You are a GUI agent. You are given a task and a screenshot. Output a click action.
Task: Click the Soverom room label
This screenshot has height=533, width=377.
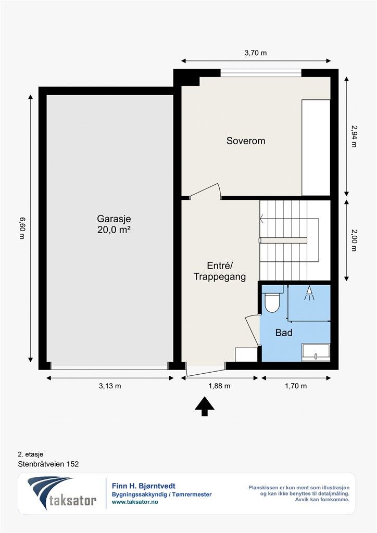click(x=246, y=141)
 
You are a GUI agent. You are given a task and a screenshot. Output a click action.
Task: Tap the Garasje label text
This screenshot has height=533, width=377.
click(x=114, y=219)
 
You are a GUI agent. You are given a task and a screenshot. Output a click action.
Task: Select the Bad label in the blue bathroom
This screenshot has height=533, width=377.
click(x=284, y=333)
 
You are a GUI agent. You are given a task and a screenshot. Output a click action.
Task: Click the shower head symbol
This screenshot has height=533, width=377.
click(x=309, y=294)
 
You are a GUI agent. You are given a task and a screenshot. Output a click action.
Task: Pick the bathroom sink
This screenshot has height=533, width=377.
click(x=316, y=352)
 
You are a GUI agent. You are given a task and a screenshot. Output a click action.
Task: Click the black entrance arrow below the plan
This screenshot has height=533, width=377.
click(x=204, y=406)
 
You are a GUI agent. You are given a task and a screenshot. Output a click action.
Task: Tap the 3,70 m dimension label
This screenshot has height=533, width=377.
click(x=256, y=53)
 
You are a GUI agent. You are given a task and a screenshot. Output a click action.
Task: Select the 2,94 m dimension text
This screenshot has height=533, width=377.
click(x=354, y=136)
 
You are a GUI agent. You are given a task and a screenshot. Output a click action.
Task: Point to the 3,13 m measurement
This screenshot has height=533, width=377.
click(x=110, y=386)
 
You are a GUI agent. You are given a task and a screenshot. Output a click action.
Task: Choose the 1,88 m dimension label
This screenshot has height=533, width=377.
click(x=219, y=386)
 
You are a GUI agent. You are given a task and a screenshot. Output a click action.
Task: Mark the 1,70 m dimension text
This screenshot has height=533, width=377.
click(x=296, y=386)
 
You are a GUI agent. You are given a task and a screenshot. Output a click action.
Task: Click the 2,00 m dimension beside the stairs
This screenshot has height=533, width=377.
click(x=354, y=240)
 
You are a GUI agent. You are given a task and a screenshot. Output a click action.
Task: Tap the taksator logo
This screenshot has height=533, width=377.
click(x=62, y=493)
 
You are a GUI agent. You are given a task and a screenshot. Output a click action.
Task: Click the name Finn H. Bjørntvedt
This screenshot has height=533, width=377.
click(x=143, y=487)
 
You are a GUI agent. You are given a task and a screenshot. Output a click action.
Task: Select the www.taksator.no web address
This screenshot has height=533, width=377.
click(x=135, y=502)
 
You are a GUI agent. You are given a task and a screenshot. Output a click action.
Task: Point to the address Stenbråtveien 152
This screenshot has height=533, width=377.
click(x=48, y=464)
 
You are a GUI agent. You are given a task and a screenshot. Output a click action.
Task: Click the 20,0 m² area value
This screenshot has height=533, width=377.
click(x=114, y=230)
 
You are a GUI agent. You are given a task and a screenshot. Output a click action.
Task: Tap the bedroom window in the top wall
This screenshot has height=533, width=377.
click(x=261, y=73)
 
